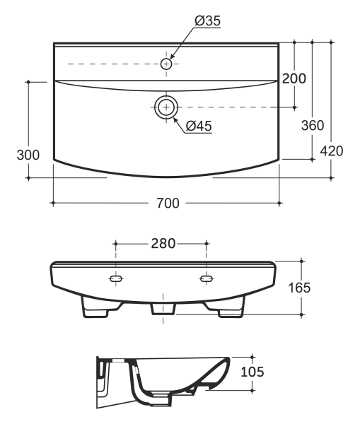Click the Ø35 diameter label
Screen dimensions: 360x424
(x=208, y=20)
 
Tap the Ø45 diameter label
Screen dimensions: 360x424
(x=199, y=126)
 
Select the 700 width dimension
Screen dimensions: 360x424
(x=168, y=203)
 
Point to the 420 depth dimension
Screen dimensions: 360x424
(x=332, y=151)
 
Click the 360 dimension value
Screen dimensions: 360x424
(x=313, y=125)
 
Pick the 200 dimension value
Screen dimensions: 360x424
(x=294, y=78)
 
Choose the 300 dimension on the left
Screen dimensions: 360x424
(x=28, y=155)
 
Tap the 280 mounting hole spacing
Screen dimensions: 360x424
(x=163, y=243)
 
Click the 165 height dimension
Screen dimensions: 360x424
(x=299, y=288)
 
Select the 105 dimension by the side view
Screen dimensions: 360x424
(x=252, y=372)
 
